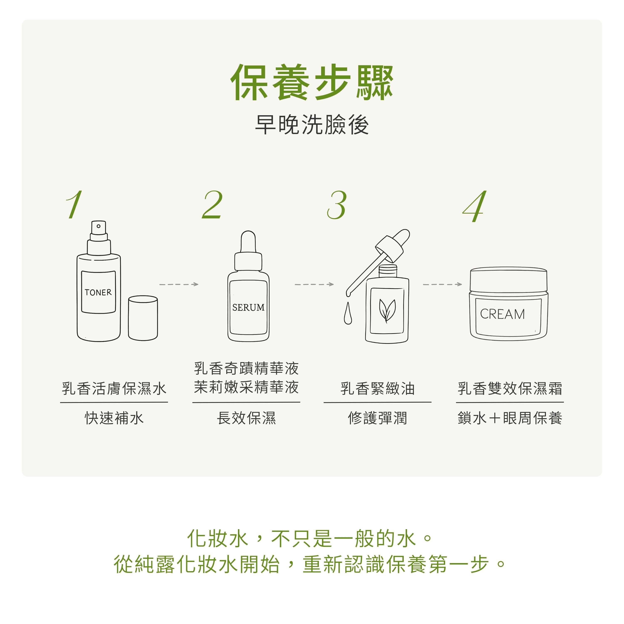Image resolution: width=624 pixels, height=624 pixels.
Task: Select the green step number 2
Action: pos(212,204)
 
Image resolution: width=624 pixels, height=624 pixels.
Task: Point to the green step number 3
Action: pos(337,205)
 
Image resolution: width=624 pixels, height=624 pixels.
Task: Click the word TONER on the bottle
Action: pos(98,292)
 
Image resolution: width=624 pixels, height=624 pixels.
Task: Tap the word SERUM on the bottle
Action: pos(248,307)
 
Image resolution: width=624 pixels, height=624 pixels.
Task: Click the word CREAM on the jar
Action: pos(503,314)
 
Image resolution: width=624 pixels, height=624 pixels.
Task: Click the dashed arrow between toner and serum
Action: pos(179,284)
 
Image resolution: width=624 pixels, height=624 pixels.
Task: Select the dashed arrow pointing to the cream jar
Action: pos(442,284)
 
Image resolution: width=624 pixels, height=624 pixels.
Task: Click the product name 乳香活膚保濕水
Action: pos(114,389)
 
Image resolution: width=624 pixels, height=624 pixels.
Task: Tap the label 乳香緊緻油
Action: pos(378,389)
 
